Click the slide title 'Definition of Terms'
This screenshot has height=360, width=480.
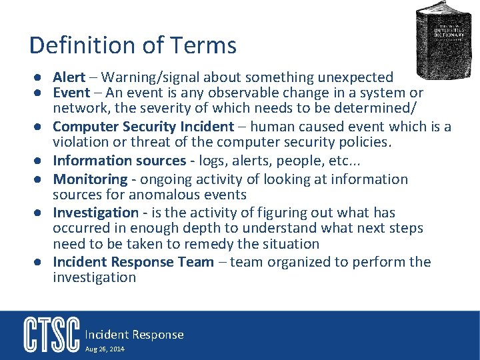133,45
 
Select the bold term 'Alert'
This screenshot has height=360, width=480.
69,77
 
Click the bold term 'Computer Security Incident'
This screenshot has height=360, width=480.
143,127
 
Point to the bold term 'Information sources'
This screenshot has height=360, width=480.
119,161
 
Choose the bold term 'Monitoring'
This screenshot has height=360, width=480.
90,179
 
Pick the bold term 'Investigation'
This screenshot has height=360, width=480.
95,213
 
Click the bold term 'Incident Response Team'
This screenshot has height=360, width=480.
133,262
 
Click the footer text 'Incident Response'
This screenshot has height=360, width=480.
133,335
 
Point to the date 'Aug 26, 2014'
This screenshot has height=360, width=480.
105,349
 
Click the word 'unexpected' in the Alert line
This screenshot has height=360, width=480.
355,77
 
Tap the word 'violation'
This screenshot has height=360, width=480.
81,142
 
